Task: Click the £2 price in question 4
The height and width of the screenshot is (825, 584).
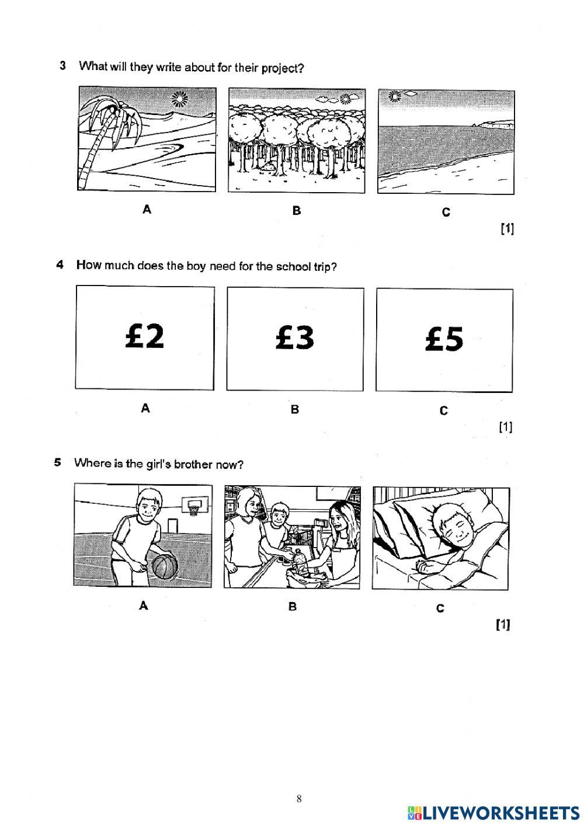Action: pos(144,336)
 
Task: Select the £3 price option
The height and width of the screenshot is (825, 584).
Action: pos(294,337)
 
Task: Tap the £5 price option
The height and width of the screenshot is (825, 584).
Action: pos(444,339)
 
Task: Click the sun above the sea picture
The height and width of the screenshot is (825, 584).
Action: pos(397,96)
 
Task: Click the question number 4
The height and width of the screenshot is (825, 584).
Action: pos(60,265)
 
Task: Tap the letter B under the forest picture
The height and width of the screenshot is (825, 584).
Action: pos(297,211)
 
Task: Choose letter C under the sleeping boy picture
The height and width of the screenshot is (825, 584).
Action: pos(440,608)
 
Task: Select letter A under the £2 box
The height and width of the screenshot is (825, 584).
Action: pos(145,409)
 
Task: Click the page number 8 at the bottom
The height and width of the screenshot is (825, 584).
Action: pos(299,799)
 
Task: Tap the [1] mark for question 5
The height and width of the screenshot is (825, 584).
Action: pos(503,625)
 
